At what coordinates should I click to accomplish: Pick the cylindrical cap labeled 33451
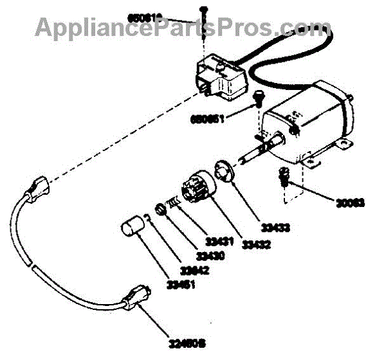(134, 227)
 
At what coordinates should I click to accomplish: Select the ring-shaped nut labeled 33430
(159, 210)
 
